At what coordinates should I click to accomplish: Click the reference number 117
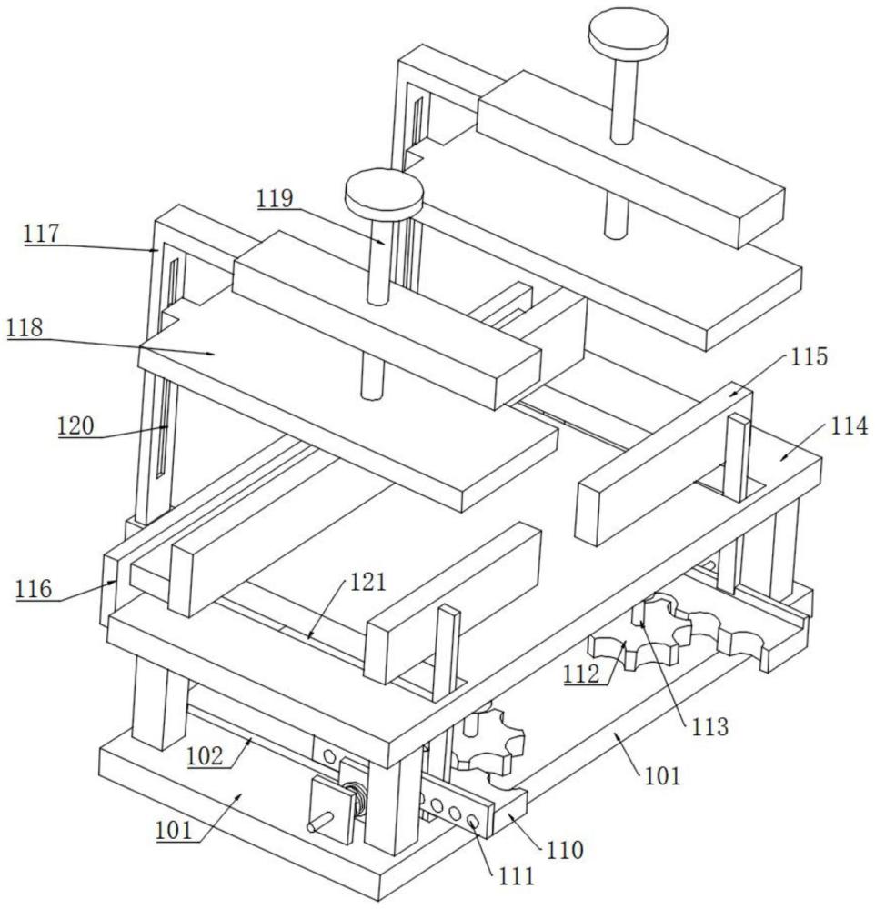[41, 234]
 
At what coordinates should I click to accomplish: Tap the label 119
[274, 199]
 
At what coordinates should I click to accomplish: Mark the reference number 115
[810, 357]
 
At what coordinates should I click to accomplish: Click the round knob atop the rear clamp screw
[629, 35]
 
